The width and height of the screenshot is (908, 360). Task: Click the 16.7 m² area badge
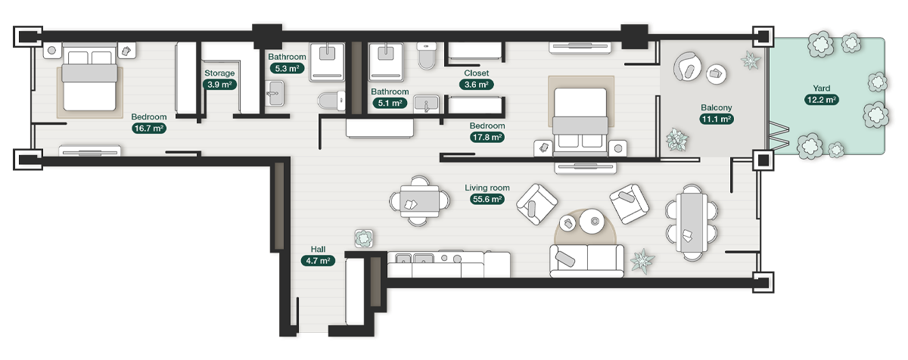[149, 129]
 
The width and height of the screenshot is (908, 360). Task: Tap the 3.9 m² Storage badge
[219, 85]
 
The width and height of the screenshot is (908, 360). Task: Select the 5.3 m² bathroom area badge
[287, 68]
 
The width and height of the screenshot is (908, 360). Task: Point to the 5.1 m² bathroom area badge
[390, 104]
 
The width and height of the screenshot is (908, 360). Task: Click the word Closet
[476, 73]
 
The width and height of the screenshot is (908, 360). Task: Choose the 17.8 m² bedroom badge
[487, 138]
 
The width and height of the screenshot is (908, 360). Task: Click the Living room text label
[487, 188]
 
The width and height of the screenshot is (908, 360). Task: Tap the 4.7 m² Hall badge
[317, 261]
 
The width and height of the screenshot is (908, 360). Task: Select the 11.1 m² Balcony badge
[715, 119]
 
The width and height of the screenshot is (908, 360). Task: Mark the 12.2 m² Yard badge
[821, 100]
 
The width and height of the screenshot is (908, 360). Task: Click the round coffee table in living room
[590, 222]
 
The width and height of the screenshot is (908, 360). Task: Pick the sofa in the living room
[587, 261]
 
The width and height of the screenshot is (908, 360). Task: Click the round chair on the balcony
[689, 66]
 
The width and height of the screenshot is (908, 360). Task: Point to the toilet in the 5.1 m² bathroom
[427, 55]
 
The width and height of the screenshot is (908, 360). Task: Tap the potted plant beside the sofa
[642, 260]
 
